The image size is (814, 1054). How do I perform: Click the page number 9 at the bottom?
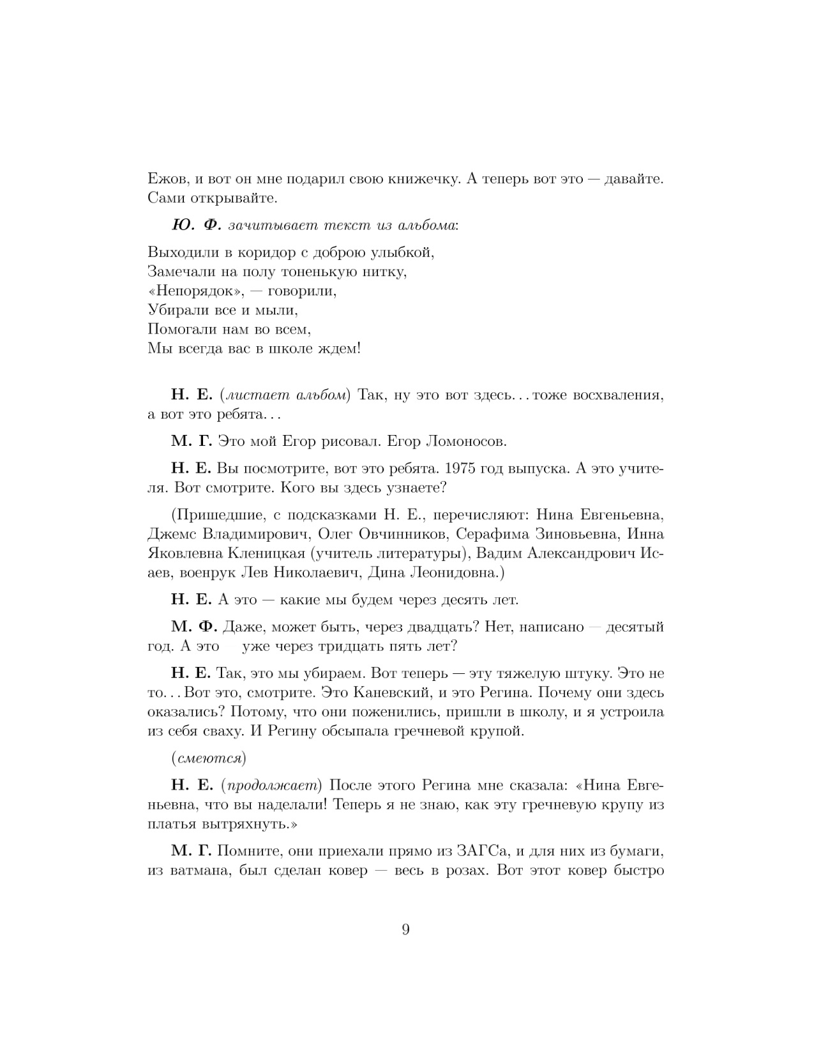click(406, 929)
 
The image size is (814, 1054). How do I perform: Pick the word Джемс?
click(170, 533)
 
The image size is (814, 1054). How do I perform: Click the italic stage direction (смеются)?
click(209, 758)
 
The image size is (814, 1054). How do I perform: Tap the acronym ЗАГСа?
click(481, 851)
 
